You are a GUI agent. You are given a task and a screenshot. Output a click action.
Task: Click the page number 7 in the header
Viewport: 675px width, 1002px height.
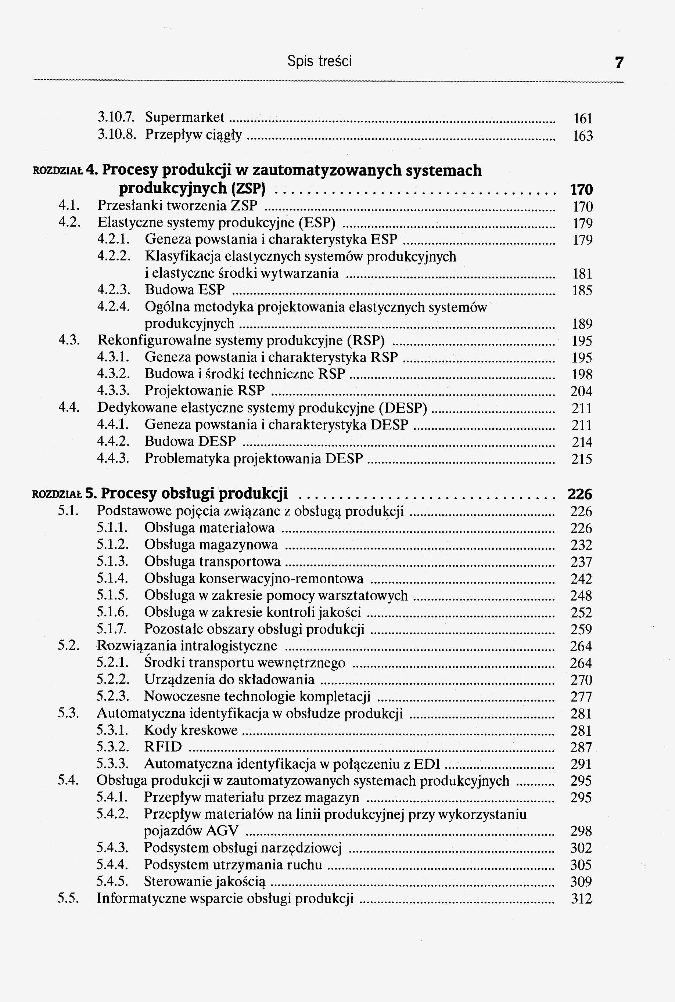(x=619, y=63)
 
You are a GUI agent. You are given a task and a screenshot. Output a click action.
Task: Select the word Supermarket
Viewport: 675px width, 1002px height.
(x=185, y=118)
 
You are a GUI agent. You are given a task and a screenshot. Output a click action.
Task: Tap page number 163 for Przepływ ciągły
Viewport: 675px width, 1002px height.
(x=582, y=136)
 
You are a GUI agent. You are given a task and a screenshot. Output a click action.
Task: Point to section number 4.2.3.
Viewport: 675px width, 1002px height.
(x=113, y=290)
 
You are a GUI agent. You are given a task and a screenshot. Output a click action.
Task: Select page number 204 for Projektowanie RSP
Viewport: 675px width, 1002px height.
(x=581, y=392)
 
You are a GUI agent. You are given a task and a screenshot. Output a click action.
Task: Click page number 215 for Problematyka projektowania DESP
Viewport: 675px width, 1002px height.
(x=582, y=459)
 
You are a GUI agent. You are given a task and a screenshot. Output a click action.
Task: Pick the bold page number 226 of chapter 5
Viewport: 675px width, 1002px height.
(x=579, y=494)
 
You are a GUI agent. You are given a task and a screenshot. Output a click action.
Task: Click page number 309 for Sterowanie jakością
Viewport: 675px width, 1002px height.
(x=581, y=882)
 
